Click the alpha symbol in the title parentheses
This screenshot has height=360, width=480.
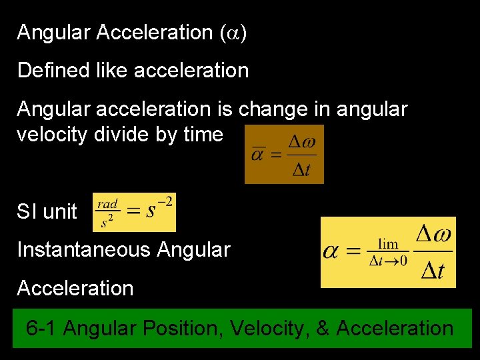click(233, 33)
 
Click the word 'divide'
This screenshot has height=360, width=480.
click(121, 134)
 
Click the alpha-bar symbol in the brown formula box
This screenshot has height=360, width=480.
click(259, 155)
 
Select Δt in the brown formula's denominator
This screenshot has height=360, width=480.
click(301, 169)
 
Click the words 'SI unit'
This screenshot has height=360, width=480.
click(47, 212)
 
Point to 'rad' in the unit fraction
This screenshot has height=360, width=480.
click(107, 204)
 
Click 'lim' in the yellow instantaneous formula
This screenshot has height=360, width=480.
click(388, 245)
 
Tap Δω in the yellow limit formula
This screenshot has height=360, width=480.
click(433, 234)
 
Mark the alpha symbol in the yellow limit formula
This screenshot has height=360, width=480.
click(331, 251)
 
